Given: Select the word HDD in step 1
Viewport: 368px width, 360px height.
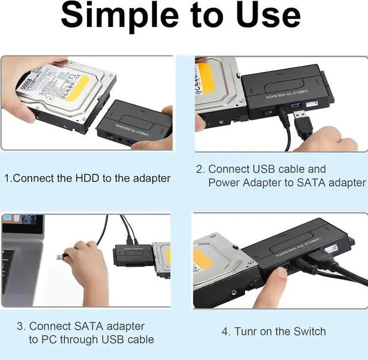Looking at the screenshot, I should point(88,178).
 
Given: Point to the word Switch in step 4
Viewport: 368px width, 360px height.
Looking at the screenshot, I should point(309,332).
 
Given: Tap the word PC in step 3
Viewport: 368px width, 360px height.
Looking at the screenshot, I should point(49,339).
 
